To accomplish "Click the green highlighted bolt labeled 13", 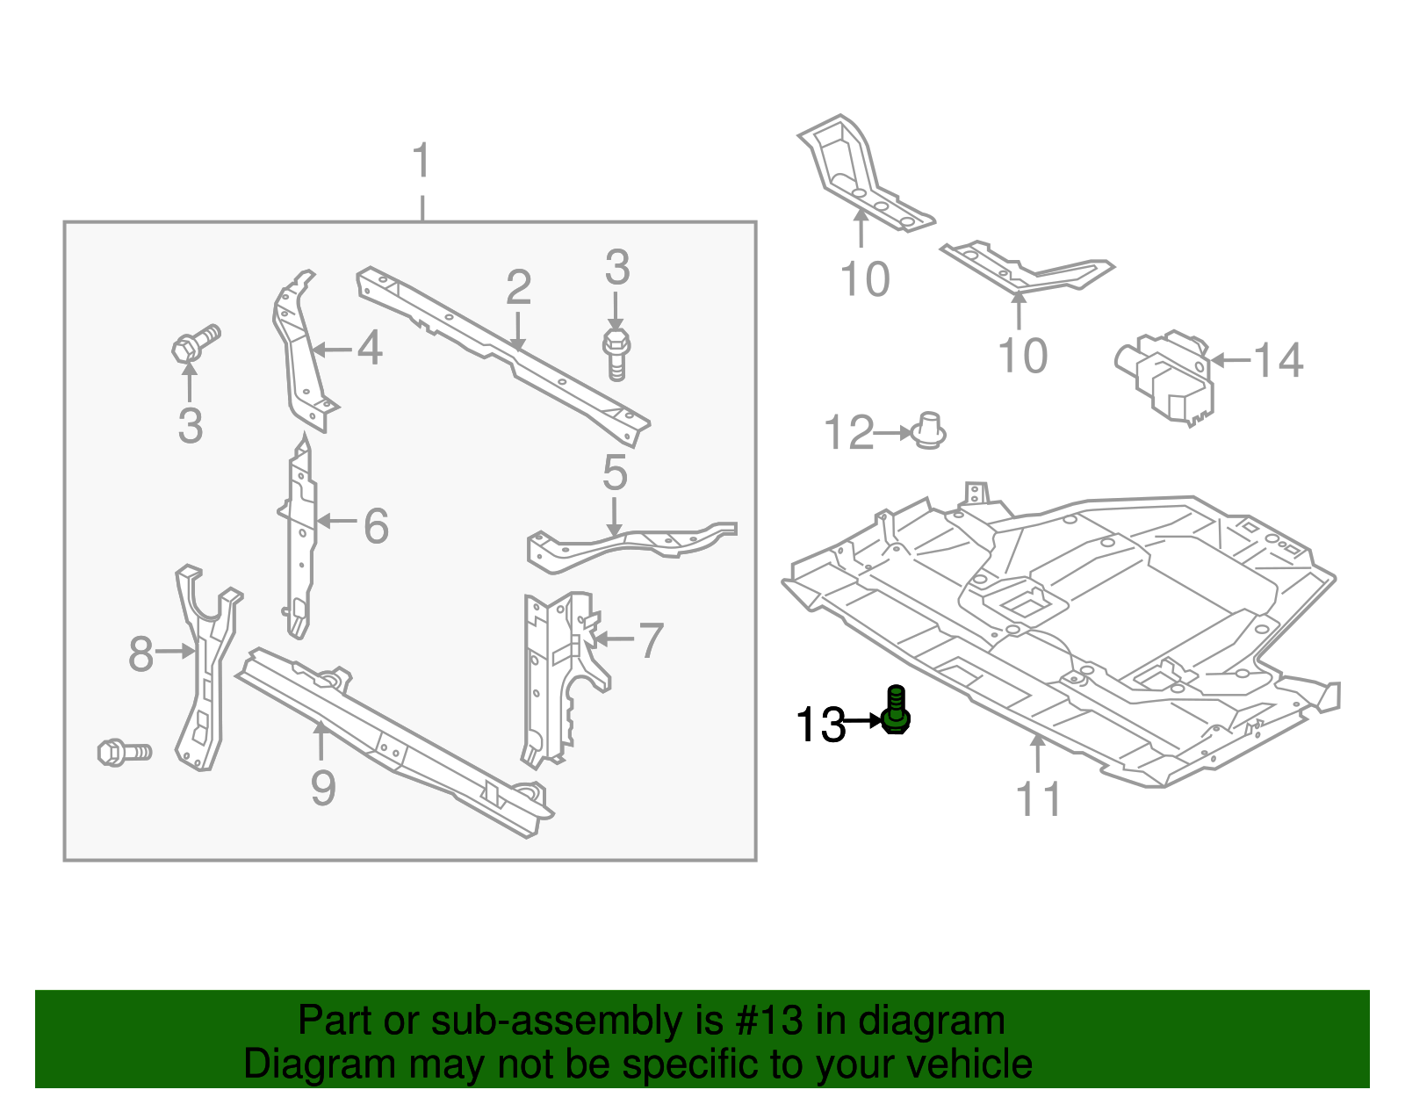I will pyautogui.click(x=896, y=712).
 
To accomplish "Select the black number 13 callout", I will pyautogui.click(x=819, y=725).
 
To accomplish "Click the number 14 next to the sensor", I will pyautogui.click(x=1278, y=360).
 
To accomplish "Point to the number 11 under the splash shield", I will pyautogui.click(x=1039, y=799).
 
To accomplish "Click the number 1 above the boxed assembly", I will pyautogui.click(x=422, y=162).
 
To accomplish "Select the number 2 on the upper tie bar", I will pyautogui.click(x=519, y=288).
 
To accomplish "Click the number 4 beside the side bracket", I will pyautogui.click(x=370, y=349).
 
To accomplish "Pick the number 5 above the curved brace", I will pyautogui.click(x=615, y=473).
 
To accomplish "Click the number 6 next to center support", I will pyautogui.click(x=376, y=527).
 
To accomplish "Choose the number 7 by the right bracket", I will pyautogui.click(x=650, y=640).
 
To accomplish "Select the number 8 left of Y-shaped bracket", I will pyautogui.click(x=140, y=654).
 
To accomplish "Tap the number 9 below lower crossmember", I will pyautogui.click(x=323, y=788).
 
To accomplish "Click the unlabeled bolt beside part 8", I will pyautogui.click(x=124, y=753).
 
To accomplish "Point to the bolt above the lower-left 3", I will pyautogui.click(x=195, y=343).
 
